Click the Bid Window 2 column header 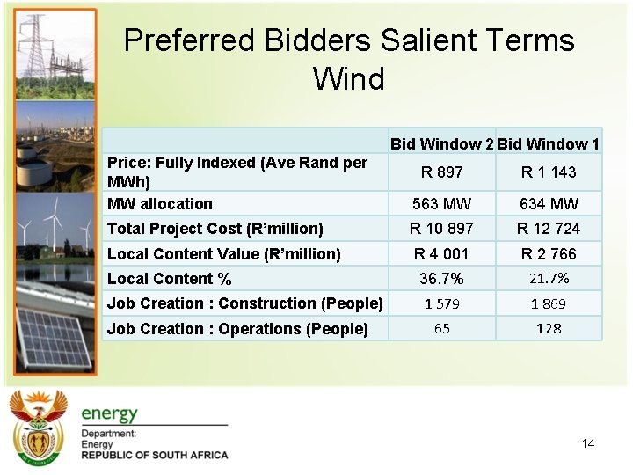441,143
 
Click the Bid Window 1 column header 549,143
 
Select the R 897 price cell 441,172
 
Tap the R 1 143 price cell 549,172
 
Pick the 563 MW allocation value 441,204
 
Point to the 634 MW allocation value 549,204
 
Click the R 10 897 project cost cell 441,229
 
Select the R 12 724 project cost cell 549,229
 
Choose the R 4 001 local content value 441,254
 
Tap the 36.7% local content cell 441,279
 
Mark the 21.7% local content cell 549,279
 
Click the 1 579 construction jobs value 441,303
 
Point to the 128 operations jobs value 549,328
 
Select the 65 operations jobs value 441,328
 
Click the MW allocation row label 160,204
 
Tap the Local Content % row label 170,279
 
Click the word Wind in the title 348,79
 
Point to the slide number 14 588,443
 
